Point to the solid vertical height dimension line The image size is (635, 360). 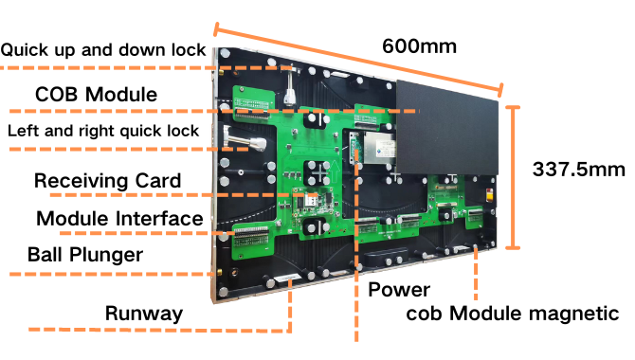coord(513,177)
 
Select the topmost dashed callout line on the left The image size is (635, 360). coord(142,68)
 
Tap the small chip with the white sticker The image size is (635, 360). coord(309,200)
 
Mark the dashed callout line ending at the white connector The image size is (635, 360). coord(142,233)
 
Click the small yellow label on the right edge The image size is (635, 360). coord(489,196)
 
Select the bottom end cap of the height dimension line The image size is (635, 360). coord(513,247)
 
